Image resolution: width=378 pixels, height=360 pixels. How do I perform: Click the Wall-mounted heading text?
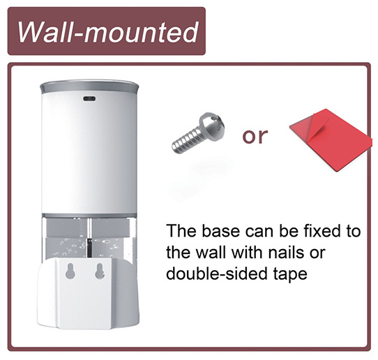pos(108,32)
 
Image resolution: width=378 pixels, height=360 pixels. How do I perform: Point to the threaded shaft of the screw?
pos(186,142)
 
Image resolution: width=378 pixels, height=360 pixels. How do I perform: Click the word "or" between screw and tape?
pos(255,136)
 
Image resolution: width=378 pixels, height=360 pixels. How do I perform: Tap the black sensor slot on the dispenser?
pos(89,98)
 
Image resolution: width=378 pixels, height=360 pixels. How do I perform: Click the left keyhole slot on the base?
pos(70,271)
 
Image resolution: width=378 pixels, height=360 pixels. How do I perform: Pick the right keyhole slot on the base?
pos(100,271)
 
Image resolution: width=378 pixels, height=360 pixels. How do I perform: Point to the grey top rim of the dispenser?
pos(89,87)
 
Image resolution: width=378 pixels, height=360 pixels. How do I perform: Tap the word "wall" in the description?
pos(210,253)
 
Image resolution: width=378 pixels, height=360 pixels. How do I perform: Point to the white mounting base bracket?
pos(88,294)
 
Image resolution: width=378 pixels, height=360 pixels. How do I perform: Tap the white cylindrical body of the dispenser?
pos(89,154)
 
